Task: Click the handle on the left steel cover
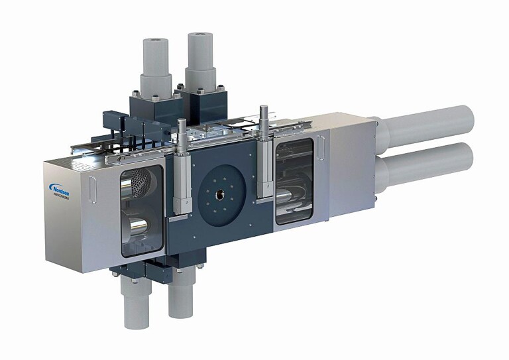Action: pyautogui.click(x=93, y=191)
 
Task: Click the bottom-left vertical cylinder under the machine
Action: pyautogui.click(x=137, y=302)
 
